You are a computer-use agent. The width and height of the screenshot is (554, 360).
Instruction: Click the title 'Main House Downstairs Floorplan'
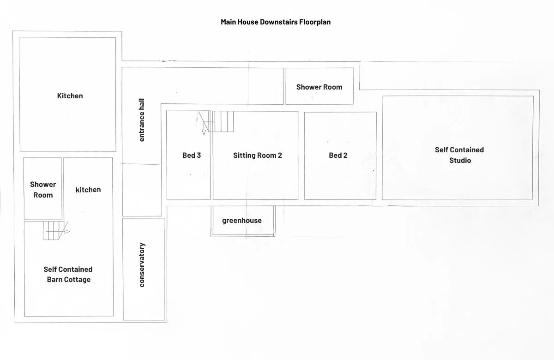(276, 22)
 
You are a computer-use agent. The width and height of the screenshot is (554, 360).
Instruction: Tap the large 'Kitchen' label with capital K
(70, 96)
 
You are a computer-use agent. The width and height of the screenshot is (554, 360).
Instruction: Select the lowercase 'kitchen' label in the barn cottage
(88, 190)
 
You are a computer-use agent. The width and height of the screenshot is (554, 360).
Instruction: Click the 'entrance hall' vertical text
(141, 120)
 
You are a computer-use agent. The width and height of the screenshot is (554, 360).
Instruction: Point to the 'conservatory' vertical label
(142, 265)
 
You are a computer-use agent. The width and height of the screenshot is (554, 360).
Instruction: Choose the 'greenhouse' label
(242, 221)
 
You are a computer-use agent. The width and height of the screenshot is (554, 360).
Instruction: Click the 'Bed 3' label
(192, 155)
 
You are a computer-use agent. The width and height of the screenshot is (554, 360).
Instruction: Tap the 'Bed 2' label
(338, 155)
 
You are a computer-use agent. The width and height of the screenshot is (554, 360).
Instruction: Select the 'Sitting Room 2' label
(258, 155)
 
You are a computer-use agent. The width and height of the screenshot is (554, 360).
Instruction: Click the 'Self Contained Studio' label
(459, 155)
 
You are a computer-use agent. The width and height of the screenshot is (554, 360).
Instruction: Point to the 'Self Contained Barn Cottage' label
(68, 274)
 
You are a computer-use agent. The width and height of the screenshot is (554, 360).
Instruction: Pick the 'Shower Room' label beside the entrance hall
(319, 87)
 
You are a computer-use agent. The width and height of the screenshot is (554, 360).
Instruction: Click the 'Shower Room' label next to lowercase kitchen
(43, 190)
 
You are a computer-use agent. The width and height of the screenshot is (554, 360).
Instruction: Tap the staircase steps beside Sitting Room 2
(223, 121)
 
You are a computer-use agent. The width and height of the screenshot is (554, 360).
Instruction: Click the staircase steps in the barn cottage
(51, 230)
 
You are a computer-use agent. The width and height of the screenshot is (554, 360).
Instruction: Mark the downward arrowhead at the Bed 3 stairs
(204, 132)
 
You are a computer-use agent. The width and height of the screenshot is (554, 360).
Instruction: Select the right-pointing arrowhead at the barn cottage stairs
(67, 232)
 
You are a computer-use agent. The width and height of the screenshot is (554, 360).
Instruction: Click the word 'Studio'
(460, 161)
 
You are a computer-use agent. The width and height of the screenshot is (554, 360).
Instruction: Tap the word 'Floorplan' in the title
(315, 22)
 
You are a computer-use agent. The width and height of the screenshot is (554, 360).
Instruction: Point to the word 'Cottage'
(79, 280)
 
